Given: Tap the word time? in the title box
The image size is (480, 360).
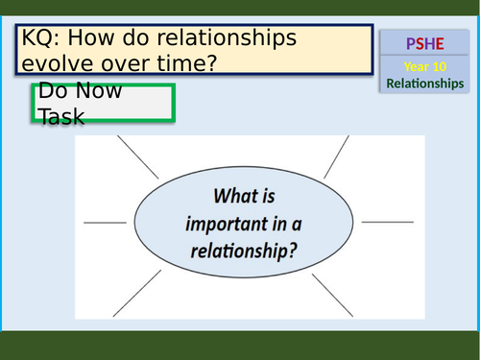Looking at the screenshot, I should tap(187, 65).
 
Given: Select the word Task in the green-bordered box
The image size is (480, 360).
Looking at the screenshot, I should tap(61, 116).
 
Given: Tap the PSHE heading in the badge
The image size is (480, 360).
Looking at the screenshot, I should tap(424, 44).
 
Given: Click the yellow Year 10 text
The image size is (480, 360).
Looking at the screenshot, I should tap(424, 69).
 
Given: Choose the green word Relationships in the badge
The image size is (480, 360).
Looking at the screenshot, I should tap(424, 84).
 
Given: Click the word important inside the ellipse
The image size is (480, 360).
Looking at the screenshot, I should tap(245, 223).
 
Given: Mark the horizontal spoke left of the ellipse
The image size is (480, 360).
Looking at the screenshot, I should tap(100, 223).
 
